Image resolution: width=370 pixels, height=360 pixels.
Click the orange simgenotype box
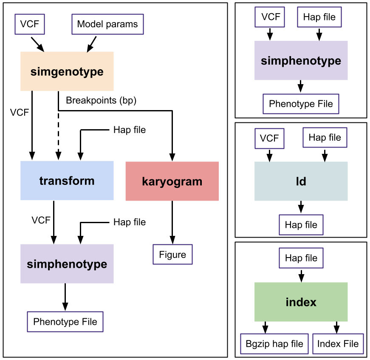[67, 71]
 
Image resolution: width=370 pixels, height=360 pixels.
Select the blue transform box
[67, 181]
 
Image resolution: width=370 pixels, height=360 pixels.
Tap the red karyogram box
[172, 181]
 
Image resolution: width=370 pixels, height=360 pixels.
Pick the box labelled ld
[301, 181]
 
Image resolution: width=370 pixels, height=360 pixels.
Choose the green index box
[301, 302]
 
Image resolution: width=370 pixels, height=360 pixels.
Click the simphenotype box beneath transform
[67, 264]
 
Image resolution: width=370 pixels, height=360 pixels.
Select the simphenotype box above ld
[301, 60]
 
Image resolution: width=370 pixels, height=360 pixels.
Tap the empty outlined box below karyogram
[172, 254]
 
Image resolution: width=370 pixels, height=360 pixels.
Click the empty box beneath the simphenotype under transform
[65, 322]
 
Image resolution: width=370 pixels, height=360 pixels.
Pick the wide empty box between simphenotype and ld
[301, 104]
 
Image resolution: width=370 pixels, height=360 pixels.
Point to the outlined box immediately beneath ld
[301, 225]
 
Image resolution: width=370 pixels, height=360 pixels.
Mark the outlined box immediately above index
[301, 258]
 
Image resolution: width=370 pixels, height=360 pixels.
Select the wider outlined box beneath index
[274, 344]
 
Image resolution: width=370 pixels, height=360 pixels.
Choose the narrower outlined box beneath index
[338, 344]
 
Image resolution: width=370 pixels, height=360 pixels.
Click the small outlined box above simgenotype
[30, 24]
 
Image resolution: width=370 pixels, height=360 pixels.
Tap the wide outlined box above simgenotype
[107, 24]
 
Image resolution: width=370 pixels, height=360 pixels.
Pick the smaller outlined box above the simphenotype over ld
[270, 17]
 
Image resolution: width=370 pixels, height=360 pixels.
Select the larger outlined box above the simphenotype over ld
[319, 17]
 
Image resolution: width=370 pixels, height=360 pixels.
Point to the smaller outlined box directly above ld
[269, 139]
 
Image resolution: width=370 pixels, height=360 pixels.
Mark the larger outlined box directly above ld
[325, 138]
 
